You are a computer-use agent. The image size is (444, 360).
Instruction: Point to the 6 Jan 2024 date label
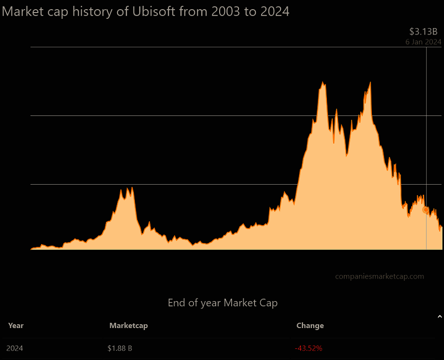(x=423, y=42)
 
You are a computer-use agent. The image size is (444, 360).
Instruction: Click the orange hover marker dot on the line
(x=426, y=210)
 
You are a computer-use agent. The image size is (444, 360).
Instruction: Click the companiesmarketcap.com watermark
(x=380, y=276)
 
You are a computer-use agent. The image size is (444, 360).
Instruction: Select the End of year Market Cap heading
(x=223, y=303)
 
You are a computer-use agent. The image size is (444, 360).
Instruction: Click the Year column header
(x=16, y=326)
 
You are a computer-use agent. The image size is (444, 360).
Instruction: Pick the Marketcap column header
(x=129, y=326)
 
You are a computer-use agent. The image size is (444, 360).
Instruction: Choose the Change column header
(x=310, y=326)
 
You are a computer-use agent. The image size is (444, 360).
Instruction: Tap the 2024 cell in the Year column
(x=15, y=348)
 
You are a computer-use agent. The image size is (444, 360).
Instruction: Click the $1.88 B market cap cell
(x=120, y=348)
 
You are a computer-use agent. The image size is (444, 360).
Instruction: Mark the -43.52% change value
(x=309, y=348)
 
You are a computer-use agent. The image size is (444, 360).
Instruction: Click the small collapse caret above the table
(x=439, y=317)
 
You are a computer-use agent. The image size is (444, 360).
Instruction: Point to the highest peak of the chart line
(x=370, y=83)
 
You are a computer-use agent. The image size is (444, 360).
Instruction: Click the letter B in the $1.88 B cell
(x=130, y=348)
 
